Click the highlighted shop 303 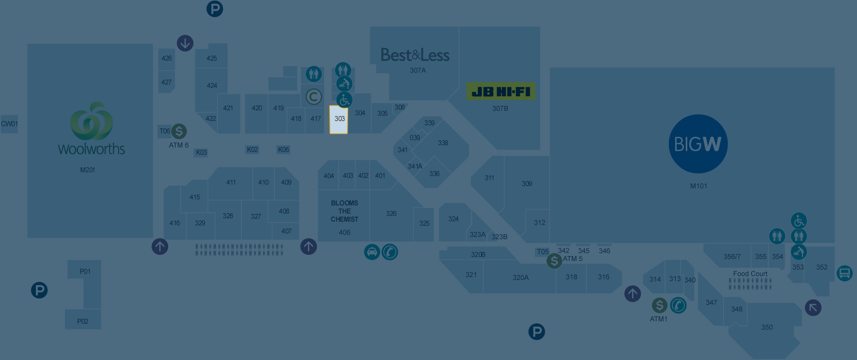[x=339, y=120]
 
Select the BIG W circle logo [x=698, y=144]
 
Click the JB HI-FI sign [x=501, y=92]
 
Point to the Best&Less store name [x=415, y=55]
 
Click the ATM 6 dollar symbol [x=179, y=131]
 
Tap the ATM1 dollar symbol [x=659, y=305]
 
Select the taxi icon [x=372, y=252]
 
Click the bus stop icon [x=844, y=273]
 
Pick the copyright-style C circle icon [x=313, y=97]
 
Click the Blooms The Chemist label [x=344, y=211]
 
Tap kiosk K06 [x=283, y=150]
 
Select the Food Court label [x=750, y=274]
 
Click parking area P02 [x=83, y=321]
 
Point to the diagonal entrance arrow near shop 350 [x=813, y=308]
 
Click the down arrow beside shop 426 [x=185, y=43]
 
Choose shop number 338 [x=443, y=143]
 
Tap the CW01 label [x=9, y=124]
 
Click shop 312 [x=539, y=222]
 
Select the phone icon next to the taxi [x=390, y=252]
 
